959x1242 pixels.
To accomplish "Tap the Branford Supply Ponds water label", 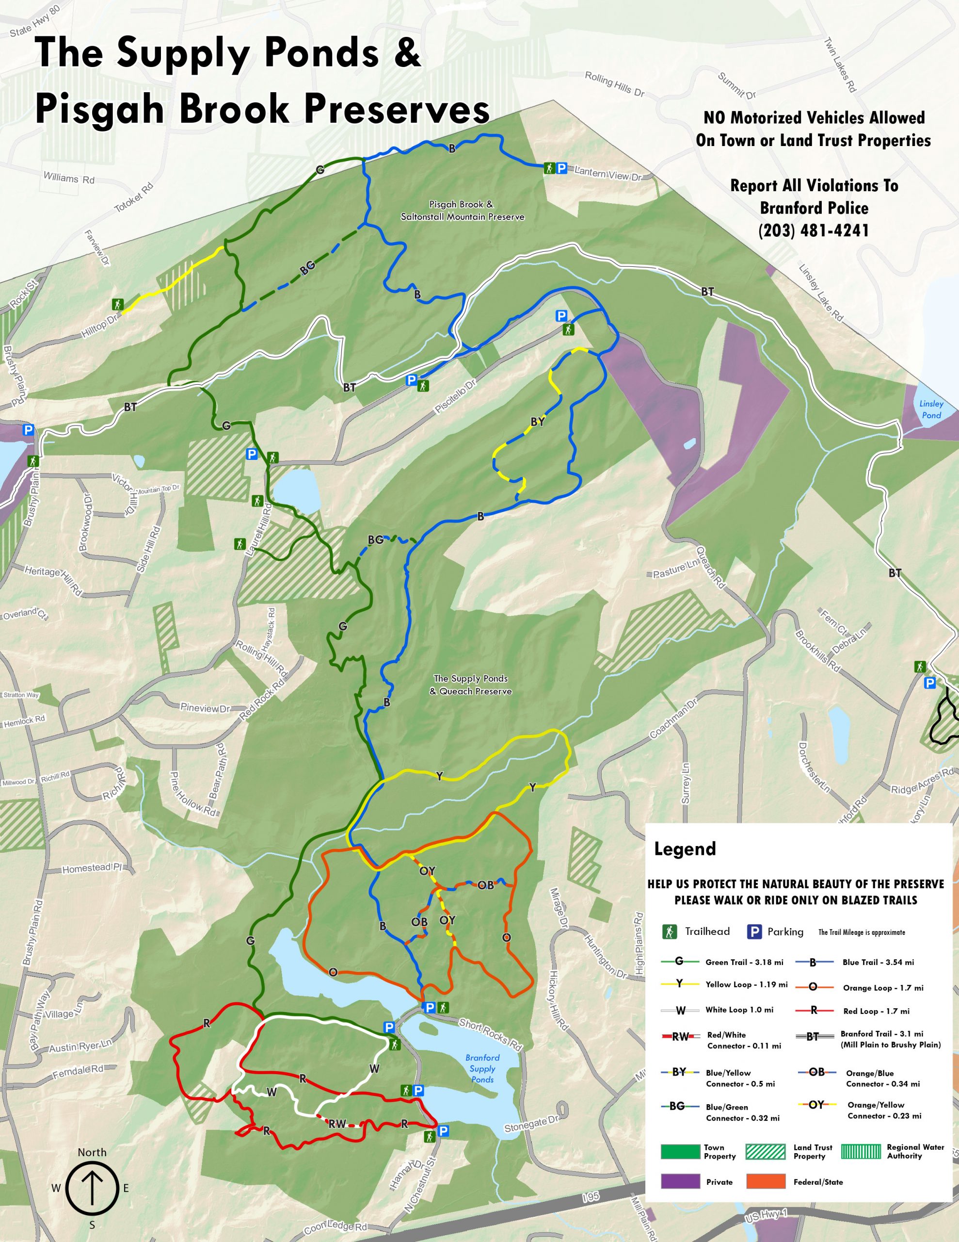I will [x=482, y=1068].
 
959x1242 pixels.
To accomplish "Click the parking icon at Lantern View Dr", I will [x=561, y=168].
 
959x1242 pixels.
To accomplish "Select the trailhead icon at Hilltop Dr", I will [x=118, y=304].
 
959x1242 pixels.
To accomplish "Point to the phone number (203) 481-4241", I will [x=814, y=230].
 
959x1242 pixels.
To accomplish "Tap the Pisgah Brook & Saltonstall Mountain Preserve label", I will [x=462, y=211].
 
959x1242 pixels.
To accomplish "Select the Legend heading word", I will [x=685, y=849].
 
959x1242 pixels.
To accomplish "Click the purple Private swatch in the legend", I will [x=680, y=1182].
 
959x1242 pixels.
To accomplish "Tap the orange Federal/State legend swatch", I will [x=765, y=1182].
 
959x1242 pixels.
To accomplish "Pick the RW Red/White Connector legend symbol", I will [x=680, y=1037].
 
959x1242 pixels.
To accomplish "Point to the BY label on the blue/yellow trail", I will [x=537, y=422].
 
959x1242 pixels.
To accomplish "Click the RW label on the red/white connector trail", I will [x=337, y=1124].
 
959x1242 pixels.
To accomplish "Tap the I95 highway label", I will [x=591, y=1198].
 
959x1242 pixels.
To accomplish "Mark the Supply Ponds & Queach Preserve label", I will [x=470, y=685].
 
